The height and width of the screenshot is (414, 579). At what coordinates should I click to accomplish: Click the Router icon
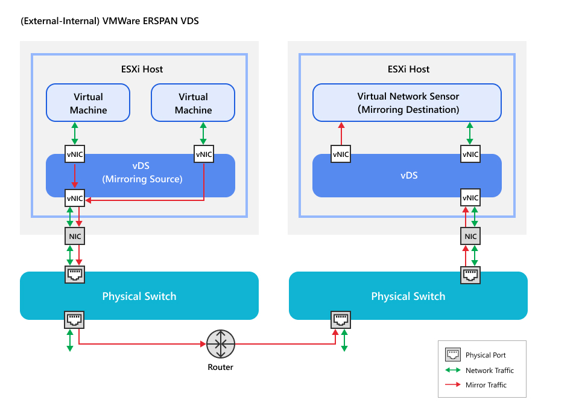[220, 344]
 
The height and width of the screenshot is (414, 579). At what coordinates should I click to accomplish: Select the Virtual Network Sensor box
[407, 103]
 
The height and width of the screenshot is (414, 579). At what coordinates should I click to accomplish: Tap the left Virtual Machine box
[88, 103]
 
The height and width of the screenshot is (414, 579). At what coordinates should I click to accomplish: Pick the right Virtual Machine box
[193, 103]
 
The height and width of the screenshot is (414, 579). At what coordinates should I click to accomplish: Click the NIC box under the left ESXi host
[75, 236]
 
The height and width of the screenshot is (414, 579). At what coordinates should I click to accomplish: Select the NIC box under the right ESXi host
[470, 236]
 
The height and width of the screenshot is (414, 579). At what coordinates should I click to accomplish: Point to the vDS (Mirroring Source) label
[142, 173]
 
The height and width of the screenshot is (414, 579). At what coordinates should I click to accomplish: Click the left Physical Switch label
[139, 296]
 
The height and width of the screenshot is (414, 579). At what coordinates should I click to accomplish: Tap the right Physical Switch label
[408, 296]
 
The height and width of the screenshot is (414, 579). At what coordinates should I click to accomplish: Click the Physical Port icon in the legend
[452, 355]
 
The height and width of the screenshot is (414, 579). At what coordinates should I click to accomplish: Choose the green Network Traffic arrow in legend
[452, 370]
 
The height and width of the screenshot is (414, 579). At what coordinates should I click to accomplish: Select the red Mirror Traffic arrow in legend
[452, 385]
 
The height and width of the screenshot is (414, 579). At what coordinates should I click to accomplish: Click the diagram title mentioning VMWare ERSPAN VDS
[109, 21]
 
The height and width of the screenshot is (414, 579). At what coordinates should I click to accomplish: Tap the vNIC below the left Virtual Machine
[75, 154]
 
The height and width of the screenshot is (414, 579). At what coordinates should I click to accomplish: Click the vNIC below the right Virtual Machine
[204, 154]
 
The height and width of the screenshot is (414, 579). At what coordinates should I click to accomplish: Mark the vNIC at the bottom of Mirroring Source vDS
[75, 197]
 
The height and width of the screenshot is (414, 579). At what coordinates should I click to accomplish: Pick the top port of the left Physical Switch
[75, 275]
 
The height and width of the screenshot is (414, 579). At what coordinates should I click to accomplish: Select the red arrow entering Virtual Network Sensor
[341, 133]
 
